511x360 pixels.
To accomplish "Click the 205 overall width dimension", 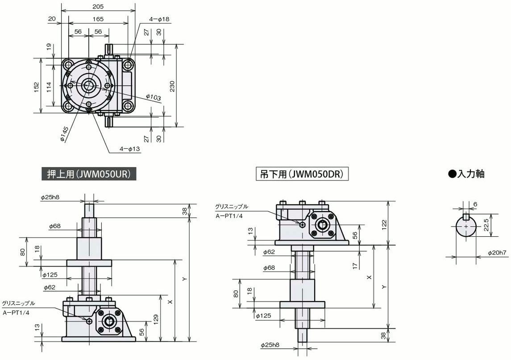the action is click(x=98, y=6).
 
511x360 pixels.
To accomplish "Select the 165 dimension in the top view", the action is click(x=98, y=19).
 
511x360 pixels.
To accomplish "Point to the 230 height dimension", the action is click(x=172, y=86).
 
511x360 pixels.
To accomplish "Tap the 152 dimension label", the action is click(x=36, y=86).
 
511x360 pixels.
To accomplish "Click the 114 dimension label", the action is click(x=49, y=87).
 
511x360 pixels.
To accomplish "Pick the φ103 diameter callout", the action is click(x=153, y=96).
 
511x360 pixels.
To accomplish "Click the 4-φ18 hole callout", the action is click(x=159, y=19).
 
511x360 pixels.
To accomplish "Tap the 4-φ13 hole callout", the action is click(x=130, y=149).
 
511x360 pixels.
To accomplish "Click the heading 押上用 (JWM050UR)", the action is click(x=89, y=174).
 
